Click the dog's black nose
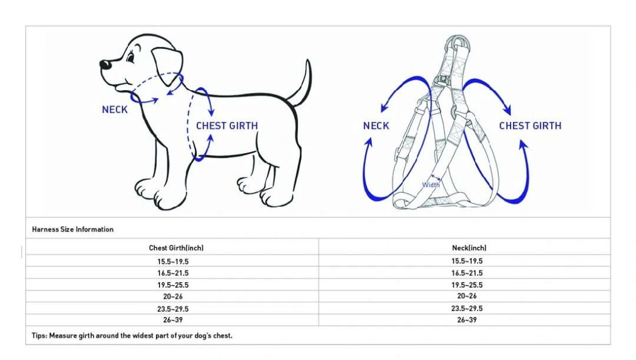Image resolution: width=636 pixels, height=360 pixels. tap(105, 65)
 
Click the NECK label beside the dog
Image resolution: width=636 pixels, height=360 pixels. tap(115, 110)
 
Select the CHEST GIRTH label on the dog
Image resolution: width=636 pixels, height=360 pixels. tap(227, 126)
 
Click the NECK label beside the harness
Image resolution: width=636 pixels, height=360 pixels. tap(376, 126)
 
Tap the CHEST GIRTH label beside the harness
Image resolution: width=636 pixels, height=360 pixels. tap(530, 126)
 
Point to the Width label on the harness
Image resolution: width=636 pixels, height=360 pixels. tap(430, 185)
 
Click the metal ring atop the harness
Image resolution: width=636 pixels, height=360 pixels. tap(458, 42)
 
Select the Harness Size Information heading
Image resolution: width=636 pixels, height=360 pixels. tap(72, 229)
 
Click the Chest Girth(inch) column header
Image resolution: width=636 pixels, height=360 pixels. tap(176, 248)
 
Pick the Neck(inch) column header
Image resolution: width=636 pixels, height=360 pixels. tap(469, 248)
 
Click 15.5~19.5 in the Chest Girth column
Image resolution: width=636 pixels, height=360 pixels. tap(173, 262)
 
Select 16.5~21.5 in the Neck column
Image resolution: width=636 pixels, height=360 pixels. tap(467, 273)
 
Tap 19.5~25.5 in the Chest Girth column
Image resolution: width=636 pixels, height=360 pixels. tap(173, 285)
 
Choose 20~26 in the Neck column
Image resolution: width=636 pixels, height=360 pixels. tap(467, 296)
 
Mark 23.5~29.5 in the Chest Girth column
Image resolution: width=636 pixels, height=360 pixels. tap(173, 309)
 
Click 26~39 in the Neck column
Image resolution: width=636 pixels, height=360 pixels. tap(467, 320)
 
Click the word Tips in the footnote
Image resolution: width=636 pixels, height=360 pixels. tap(39, 336)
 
